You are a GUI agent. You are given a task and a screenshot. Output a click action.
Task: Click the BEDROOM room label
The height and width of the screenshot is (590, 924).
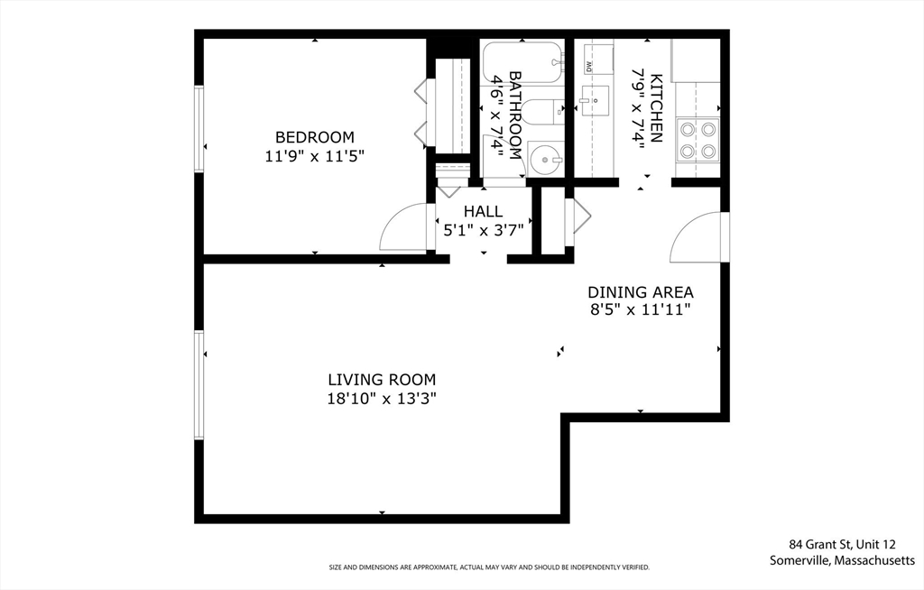point(315,137)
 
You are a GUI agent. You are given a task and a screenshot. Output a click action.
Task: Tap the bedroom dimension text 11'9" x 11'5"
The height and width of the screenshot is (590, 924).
point(315,156)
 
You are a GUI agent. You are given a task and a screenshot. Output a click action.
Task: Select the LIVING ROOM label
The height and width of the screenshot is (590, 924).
point(382,380)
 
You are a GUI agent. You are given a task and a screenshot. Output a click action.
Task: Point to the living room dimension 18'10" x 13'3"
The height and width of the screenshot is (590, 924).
point(382,399)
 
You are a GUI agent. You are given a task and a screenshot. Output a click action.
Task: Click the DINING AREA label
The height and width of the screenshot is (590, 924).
point(641,292)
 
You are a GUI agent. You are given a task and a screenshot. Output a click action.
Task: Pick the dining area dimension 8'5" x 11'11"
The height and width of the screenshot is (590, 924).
point(641,309)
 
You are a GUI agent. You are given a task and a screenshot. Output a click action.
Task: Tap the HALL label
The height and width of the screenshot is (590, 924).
point(484,212)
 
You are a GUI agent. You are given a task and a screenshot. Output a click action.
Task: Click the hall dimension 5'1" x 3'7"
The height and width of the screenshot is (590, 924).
point(484,230)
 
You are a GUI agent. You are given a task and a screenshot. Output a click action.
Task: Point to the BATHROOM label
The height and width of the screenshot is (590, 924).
point(515,115)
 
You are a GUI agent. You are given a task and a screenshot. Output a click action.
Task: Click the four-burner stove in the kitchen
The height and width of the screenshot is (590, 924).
point(698,140)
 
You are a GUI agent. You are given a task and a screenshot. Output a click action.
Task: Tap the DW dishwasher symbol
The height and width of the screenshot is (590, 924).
point(588,66)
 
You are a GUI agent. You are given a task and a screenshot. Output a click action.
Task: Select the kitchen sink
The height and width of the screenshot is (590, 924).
point(594,101)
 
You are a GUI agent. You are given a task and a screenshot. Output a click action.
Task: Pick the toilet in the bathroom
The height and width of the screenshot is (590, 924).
point(542,113)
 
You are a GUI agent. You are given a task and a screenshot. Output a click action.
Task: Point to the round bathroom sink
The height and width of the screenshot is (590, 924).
point(542,158)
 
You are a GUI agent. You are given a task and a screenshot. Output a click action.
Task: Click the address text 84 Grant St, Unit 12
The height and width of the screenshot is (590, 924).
point(842,544)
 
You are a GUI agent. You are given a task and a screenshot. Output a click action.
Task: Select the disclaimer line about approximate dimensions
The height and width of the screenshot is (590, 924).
point(489,567)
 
